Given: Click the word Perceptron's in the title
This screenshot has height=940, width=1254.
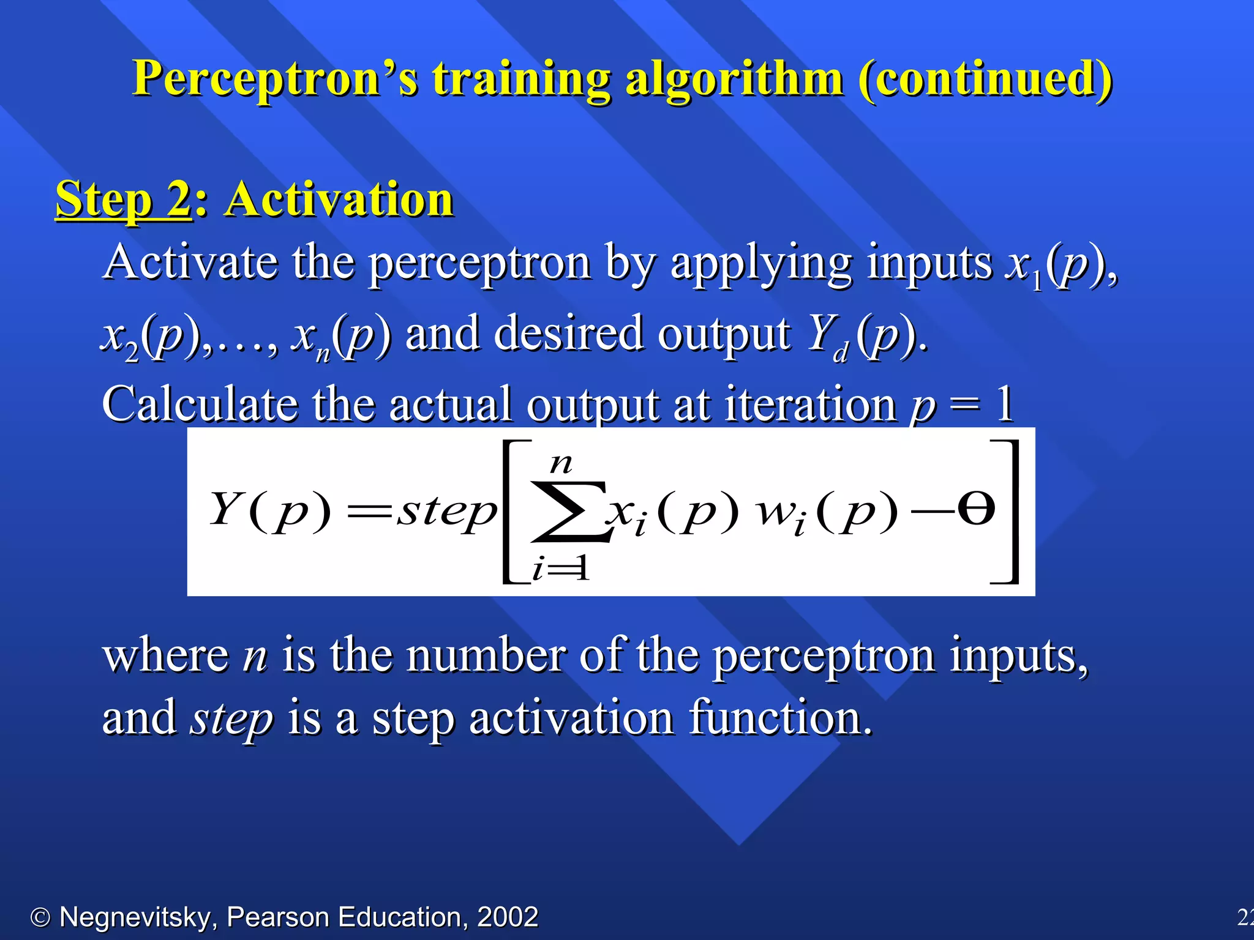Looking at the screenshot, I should pos(276,80).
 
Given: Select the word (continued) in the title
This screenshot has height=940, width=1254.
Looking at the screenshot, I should pos(985,80).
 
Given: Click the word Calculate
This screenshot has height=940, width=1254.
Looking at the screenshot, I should pos(200,404).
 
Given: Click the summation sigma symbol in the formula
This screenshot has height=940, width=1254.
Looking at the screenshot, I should pos(569,512).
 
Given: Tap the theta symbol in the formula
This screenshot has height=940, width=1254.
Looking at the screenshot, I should pos(976,509).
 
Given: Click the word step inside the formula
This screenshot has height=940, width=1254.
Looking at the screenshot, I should pos(447,512).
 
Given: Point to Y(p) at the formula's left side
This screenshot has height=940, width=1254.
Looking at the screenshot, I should pos(269,510).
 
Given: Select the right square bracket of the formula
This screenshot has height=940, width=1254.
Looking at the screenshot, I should pos(1007,512).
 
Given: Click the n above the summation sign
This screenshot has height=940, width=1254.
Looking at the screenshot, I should pos(561,464).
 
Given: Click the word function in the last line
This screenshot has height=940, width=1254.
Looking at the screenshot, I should pos(780,718).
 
